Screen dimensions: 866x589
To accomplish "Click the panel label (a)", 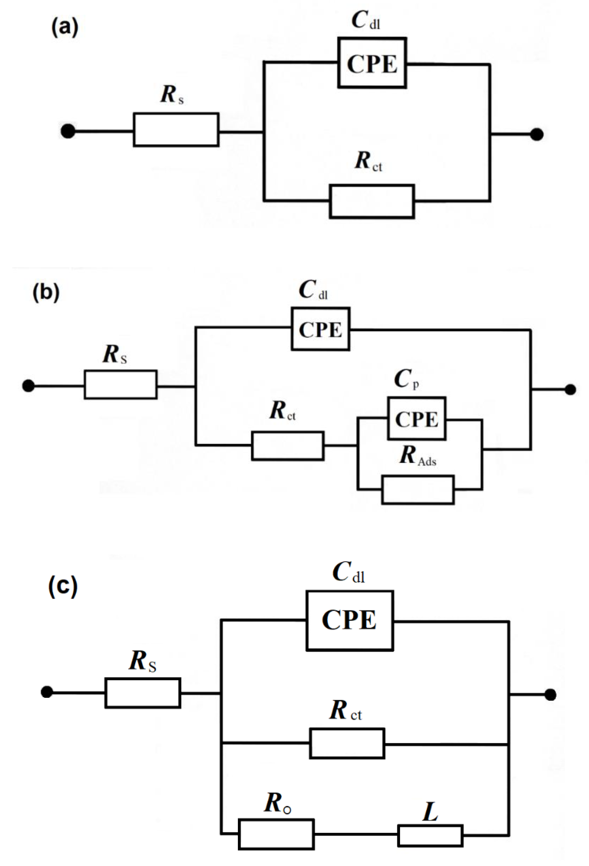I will (x=65, y=28).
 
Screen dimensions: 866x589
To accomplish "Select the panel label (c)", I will (x=63, y=586).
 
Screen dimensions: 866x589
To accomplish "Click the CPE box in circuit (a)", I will (x=372, y=63).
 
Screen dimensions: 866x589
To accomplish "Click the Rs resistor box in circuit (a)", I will (x=176, y=130).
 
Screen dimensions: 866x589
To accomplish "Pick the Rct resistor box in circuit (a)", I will (x=372, y=201).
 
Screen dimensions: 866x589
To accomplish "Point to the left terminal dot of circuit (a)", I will (x=68, y=131).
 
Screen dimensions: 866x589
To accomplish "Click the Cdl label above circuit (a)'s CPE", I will (x=365, y=20).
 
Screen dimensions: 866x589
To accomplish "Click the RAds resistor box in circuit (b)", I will (x=418, y=490).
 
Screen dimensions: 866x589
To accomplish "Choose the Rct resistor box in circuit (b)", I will (x=287, y=446).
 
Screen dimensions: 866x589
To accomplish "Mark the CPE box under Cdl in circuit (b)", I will (x=320, y=329).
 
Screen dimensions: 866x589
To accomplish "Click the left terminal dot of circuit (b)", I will (x=28, y=386).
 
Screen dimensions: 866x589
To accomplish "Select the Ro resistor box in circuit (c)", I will (x=276, y=834).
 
